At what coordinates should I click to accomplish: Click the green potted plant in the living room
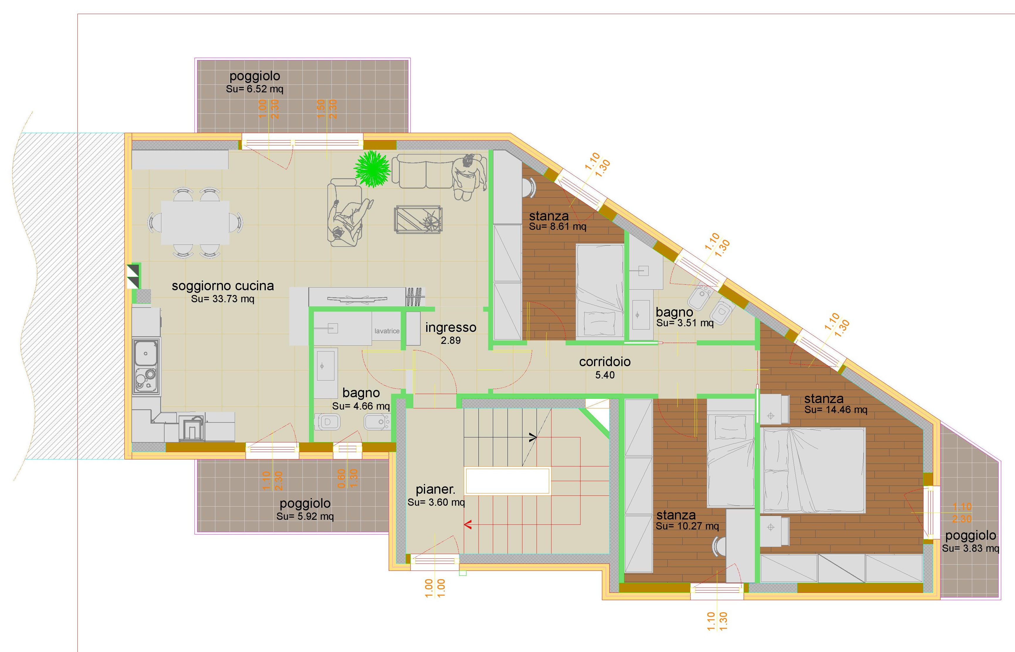coord(372,169)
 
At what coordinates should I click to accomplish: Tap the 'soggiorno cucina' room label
coord(223,286)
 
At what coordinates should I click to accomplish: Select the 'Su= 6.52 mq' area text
coord(255,89)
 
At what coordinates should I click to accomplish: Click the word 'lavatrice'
coord(387,331)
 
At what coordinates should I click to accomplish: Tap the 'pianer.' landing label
coord(436,489)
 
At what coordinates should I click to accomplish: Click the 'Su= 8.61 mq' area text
coord(557,227)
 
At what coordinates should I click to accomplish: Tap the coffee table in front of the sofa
coord(418,219)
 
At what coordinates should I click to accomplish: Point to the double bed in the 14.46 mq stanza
coord(814,470)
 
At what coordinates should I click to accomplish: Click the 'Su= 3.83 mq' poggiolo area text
coord(970,548)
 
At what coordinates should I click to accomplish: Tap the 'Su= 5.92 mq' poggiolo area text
coord(305,517)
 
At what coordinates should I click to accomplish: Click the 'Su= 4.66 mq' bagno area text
coord(361,406)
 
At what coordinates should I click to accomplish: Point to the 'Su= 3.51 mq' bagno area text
coord(685,323)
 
